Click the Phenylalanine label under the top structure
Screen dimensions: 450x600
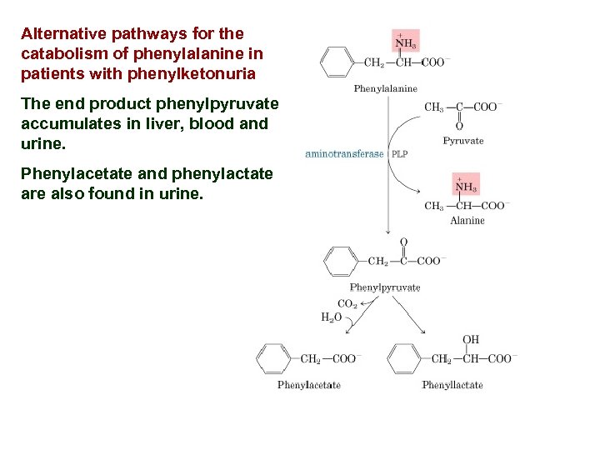pos(385,88)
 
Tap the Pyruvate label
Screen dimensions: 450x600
pos(462,141)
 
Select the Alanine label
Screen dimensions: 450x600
pos(467,221)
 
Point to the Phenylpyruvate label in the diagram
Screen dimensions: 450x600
pos(385,287)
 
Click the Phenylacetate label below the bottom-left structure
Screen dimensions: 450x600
pos(308,385)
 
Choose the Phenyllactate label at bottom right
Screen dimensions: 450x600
pos(452,385)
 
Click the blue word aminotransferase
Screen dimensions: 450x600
pos(345,153)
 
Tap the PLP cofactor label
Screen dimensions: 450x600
pos(400,153)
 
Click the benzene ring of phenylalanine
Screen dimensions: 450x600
pos(338,62)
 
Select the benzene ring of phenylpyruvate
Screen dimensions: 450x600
pos(340,262)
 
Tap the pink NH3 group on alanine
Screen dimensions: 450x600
pos(467,186)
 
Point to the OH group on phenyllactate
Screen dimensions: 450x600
pos(471,339)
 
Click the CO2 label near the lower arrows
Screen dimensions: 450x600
pos(347,304)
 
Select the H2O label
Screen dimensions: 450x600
pos(331,317)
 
